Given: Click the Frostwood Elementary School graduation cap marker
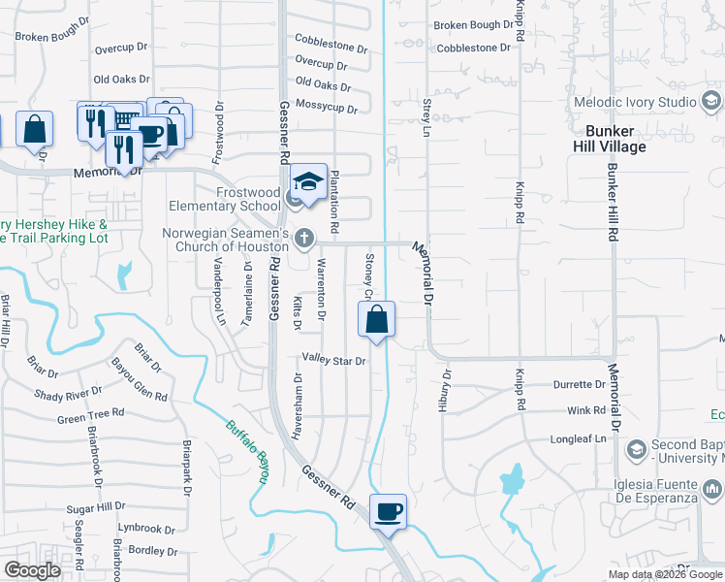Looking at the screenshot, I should click(308, 180).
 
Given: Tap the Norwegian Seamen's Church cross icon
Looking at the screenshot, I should click(304, 238).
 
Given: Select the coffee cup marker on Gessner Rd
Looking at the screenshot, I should click(388, 511).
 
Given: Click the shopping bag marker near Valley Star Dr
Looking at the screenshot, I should click(376, 318).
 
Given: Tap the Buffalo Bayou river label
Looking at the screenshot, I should click(246, 441).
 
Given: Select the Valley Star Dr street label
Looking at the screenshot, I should click(333, 360).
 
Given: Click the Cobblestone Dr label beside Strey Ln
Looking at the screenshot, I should click(474, 47).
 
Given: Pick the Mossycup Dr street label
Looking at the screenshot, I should click(327, 106).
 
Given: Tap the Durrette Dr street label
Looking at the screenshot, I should click(579, 385).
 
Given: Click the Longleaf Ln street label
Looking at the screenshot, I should click(579, 437).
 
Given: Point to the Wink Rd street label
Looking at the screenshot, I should click(586, 411).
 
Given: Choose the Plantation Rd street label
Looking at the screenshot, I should click(333, 201).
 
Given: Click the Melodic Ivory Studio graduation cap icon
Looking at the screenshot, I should click(710, 101).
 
